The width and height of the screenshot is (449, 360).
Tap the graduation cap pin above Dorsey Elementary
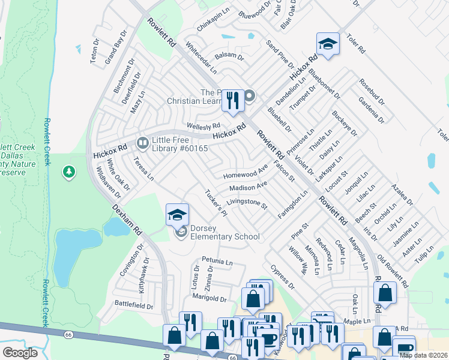pos(178,215)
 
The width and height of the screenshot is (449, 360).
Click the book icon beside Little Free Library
pos(143,143)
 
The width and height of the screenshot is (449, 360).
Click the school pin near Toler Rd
pos(328,44)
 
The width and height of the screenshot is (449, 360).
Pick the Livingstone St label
pos(247,200)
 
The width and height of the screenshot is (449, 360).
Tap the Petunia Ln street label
pos(217,262)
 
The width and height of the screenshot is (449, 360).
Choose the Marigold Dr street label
pos(209,298)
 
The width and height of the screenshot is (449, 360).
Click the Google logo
pos(20,353)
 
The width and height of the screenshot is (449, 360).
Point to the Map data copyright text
pos(424,355)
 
